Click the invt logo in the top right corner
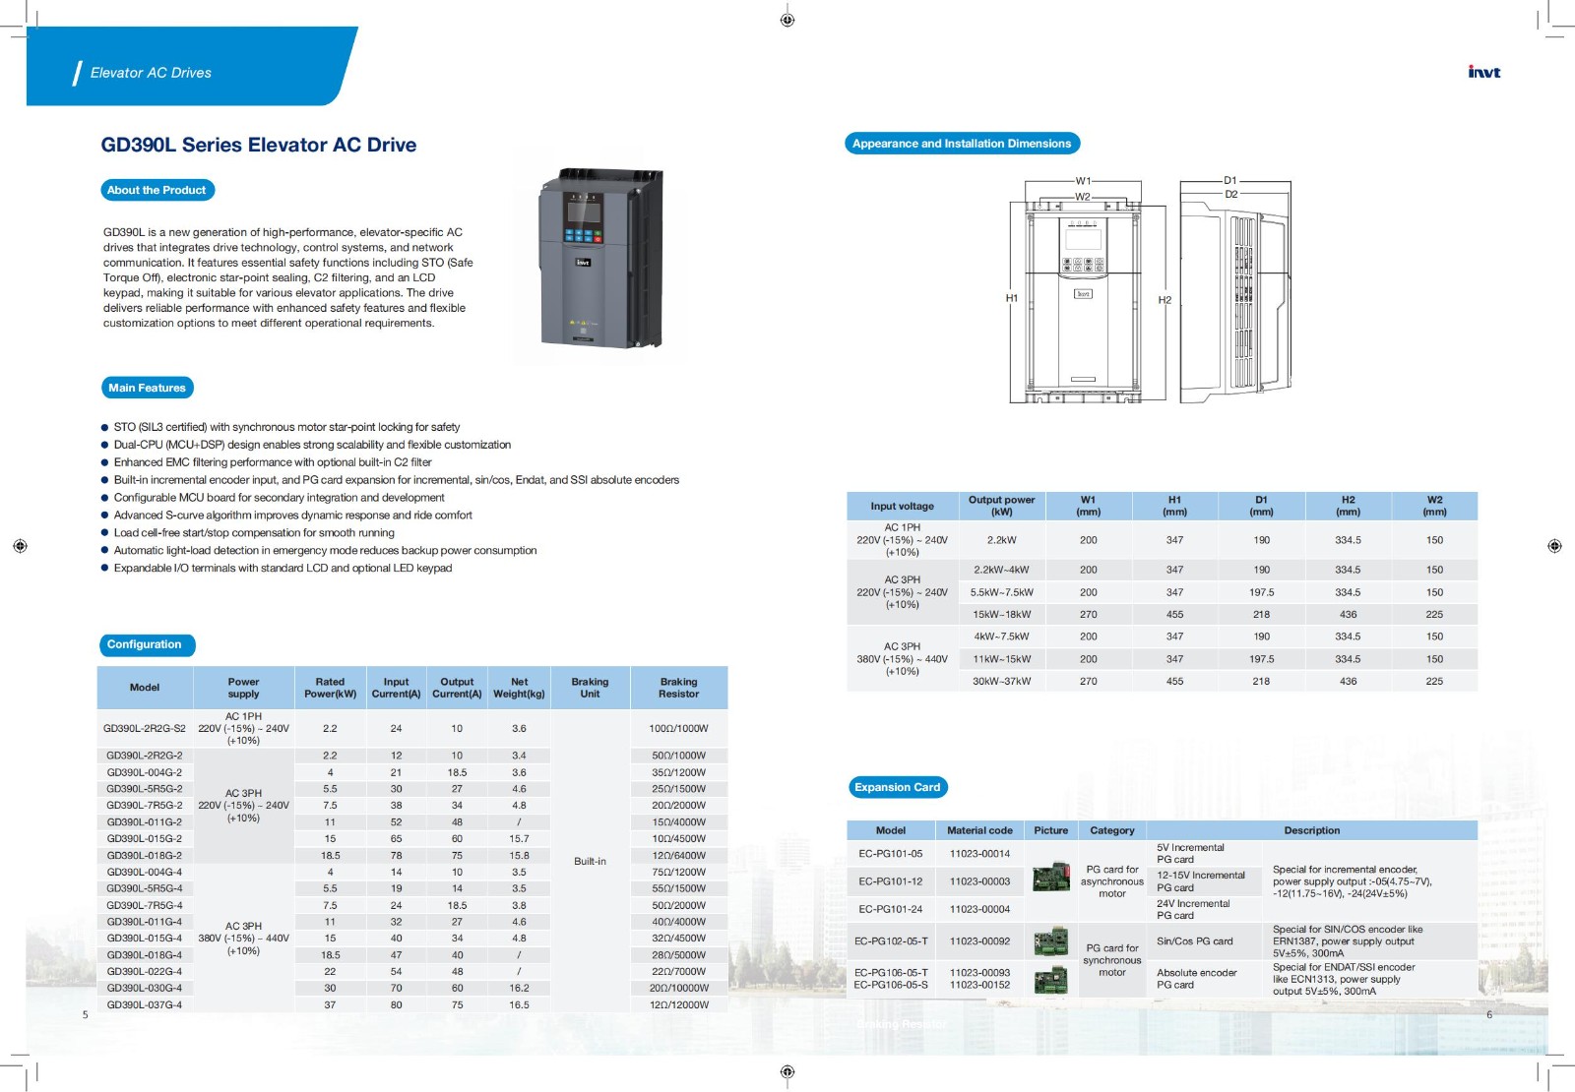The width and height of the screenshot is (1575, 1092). pos(1483,72)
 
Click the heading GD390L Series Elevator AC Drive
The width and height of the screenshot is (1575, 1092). pos(258,145)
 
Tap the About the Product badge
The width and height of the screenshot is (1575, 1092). pos(157,190)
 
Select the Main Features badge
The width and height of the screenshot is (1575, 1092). pos(147,388)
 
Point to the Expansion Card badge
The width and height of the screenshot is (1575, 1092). pos(897,787)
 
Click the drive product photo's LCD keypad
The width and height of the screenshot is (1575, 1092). pos(583,210)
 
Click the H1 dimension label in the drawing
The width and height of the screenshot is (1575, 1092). pos(1011,298)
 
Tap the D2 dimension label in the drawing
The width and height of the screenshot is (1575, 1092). pos(1230,195)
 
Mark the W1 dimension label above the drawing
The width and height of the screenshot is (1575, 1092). pos(1083,181)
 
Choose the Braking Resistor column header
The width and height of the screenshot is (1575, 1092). pos(678,688)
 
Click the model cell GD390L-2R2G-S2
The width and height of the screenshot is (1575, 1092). pos(145,729)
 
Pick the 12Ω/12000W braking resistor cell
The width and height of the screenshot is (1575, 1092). pos(678,1004)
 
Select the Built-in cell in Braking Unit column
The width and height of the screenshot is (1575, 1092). pos(590,861)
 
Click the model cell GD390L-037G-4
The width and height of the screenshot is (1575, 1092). pos(145,1004)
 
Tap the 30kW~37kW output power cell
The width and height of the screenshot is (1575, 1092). pos(1001,681)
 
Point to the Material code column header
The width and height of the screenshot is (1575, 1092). pos(979,830)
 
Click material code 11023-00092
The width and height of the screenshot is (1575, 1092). pos(979,941)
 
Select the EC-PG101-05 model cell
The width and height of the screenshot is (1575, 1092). pos(891,854)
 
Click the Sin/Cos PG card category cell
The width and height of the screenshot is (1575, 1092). pos(1194,941)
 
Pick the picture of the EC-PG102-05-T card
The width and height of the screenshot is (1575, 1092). pos(1051,941)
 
